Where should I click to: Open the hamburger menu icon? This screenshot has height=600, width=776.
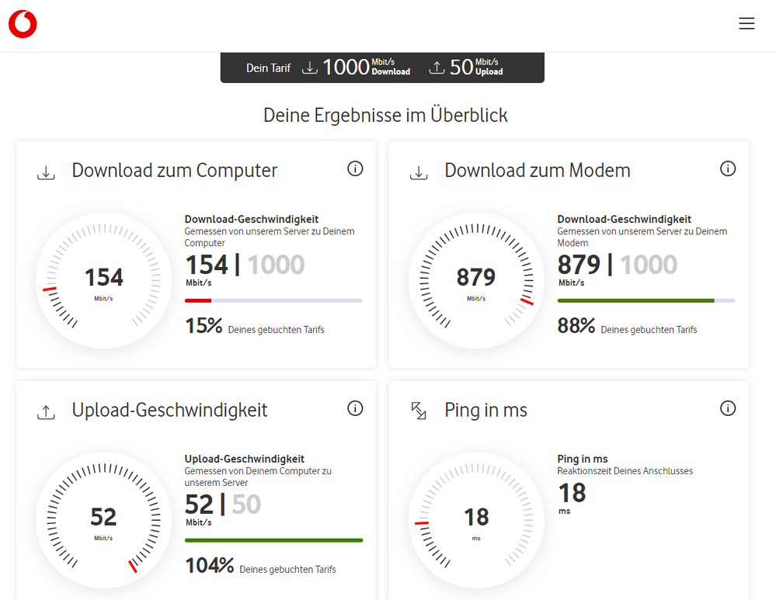746,24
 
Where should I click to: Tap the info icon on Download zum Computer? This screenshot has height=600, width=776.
355,168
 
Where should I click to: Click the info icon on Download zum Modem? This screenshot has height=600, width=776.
728,168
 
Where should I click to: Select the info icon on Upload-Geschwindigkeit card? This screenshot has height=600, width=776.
355,408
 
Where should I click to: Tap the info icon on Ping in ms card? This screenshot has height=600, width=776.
728,408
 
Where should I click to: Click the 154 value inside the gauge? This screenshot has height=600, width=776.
103,277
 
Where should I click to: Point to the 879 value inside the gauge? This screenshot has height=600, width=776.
476,277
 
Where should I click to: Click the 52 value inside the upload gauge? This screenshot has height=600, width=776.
103,516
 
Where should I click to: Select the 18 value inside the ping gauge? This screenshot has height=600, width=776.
476,516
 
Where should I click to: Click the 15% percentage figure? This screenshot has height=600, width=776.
204,326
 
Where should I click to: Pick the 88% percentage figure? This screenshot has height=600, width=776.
576,326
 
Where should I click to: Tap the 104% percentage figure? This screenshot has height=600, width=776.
209,566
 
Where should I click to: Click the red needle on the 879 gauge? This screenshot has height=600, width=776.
527,301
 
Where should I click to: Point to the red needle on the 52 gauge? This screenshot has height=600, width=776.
133,567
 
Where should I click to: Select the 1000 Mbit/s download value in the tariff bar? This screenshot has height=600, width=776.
346,68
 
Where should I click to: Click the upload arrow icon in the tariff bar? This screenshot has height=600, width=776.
437,68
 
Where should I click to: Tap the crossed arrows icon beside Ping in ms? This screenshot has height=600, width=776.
419,411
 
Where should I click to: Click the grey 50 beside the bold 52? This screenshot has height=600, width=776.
246,505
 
